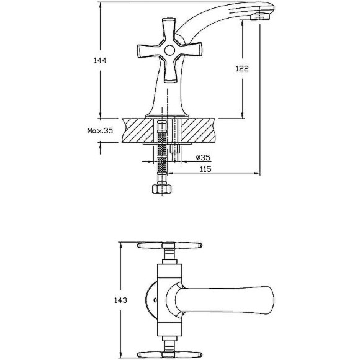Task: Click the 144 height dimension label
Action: (100, 61)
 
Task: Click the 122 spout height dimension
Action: (242, 68)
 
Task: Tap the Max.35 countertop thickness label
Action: (100, 131)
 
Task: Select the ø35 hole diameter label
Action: (203, 158)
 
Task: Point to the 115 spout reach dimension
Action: (205, 169)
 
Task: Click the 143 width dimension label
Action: (120, 300)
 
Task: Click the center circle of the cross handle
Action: (169, 50)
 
